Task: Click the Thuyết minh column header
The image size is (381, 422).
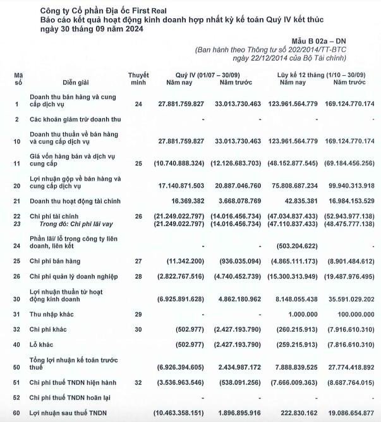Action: pyautogui.click(x=138, y=78)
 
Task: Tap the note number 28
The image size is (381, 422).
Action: pyautogui.click(x=138, y=277)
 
